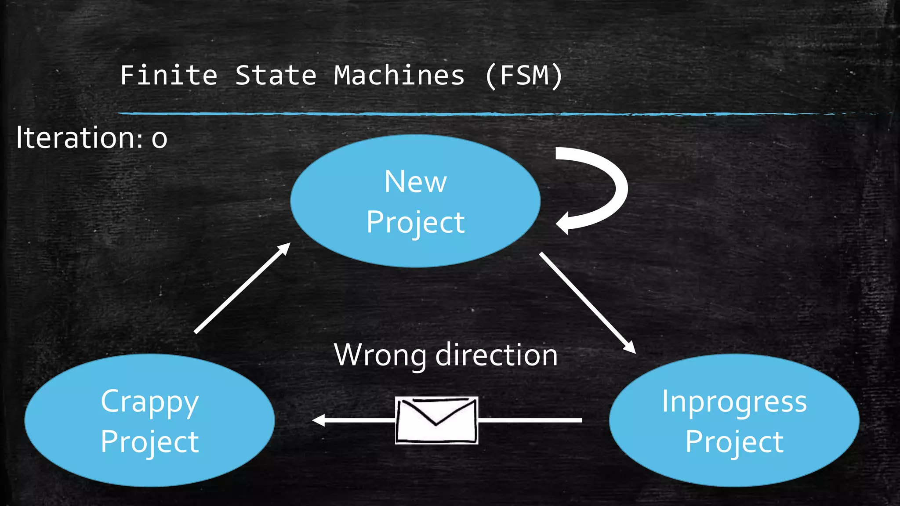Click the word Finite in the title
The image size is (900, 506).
pos(169,75)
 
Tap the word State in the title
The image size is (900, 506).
pos(276,75)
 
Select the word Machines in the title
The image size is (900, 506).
pos(399,75)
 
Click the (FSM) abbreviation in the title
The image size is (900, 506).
pos(523,75)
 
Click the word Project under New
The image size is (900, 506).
pos(415,222)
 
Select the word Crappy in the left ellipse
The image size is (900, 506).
pos(149,402)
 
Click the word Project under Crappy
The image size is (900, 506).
pos(149,441)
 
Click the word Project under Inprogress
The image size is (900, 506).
pos(734,441)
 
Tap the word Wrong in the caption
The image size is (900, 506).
pos(380,355)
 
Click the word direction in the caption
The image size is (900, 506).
pos(497,355)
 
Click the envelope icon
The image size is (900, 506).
pos(436,420)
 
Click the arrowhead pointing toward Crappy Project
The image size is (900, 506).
pos(318,420)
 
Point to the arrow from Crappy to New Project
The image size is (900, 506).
pos(242,288)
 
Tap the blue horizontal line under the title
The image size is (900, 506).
pos(439,114)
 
